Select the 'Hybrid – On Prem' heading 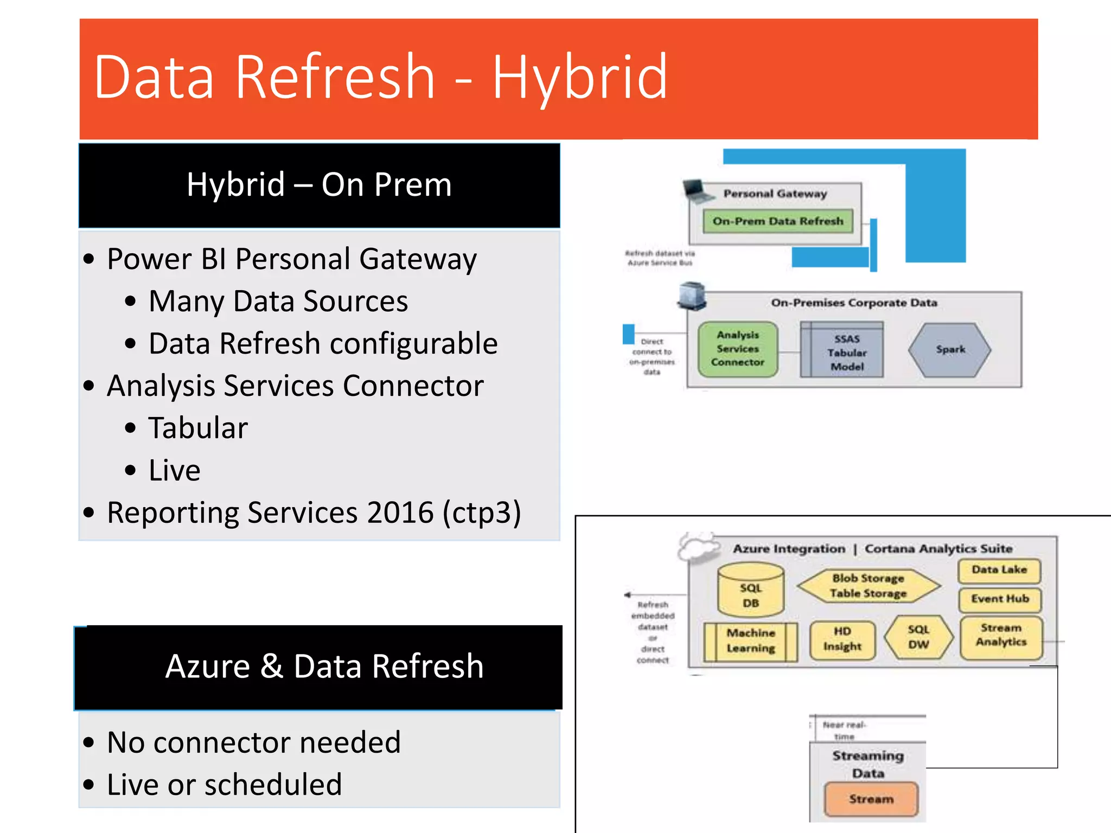click(319, 184)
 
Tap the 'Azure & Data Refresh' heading click(324, 666)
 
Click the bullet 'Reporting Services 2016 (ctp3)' click(314, 512)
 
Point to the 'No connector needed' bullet click(253, 742)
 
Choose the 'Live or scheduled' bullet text click(224, 784)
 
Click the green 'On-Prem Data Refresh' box click(778, 221)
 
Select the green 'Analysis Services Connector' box click(738, 349)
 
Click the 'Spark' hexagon click(950, 350)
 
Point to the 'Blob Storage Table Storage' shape click(868, 586)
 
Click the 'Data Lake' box click(999, 570)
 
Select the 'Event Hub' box click(1000, 599)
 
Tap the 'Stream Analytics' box click(1001, 636)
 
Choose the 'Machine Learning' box click(751, 641)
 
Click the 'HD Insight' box click(842, 639)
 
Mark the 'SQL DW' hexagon click(918, 637)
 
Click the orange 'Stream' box click(871, 799)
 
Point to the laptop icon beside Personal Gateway click(698, 190)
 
